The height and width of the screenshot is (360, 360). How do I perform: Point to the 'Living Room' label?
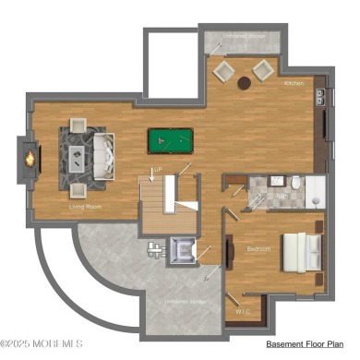pyautogui.click(x=85, y=208)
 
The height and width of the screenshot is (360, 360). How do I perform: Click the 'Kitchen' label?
pyautogui.click(x=294, y=83)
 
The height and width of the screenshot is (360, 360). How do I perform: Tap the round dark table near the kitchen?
pyautogui.click(x=245, y=84)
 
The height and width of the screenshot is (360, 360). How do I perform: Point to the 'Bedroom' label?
pyautogui.click(x=258, y=249)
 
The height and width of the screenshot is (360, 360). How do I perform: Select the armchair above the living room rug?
pyautogui.click(x=76, y=126)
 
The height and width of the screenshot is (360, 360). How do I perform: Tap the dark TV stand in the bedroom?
pyautogui.click(x=227, y=251)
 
